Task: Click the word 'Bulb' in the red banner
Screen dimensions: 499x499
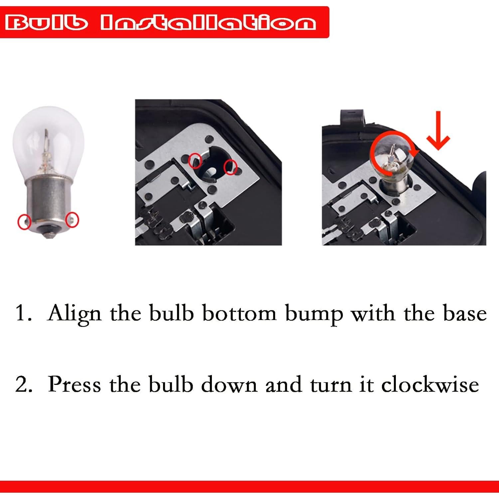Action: [x=47, y=23]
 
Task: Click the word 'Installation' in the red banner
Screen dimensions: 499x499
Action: [x=208, y=23]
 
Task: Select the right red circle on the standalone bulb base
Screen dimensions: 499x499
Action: [x=72, y=220]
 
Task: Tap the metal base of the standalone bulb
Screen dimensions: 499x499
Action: [x=49, y=200]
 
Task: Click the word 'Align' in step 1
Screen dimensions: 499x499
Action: [x=74, y=314]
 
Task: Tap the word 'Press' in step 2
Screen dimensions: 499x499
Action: [x=74, y=384]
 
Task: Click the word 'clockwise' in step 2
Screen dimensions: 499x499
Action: [x=430, y=384]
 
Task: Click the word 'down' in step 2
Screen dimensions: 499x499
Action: [x=229, y=384]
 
